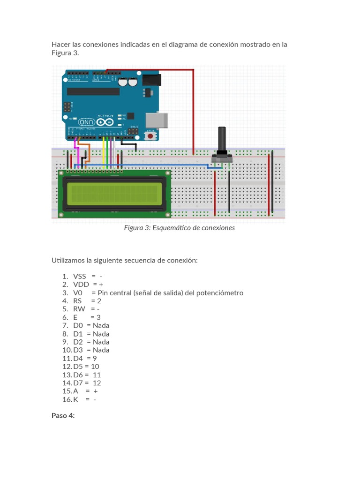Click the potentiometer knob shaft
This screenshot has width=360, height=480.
pyautogui.click(x=222, y=139)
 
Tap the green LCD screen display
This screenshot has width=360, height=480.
pyautogui.click(x=114, y=194)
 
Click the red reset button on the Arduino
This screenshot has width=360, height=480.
pyautogui.click(x=150, y=136)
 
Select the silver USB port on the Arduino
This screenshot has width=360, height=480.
pyautogui.click(x=157, y=120)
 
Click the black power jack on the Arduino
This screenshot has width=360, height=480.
pyautogui.click(x=151, y=80)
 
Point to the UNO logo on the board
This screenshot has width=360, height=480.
pyautogui.click(x=87, y=122)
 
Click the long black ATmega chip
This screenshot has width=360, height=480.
pyautogui.click(x=93, y=91)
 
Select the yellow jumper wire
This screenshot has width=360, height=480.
pyautogui.click(x=104, y=152)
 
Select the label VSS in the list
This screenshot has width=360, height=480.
pyautogui.click(x=79, y=277)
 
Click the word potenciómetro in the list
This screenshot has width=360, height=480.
pyautogui.click(x=220, y=293)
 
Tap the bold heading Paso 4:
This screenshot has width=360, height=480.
pyautogui.click(x=63, y=415)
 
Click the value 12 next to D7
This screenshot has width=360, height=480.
pyautogui.click(x=97, y=383)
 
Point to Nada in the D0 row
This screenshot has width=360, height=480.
pyautogui.click(x=101, y=325)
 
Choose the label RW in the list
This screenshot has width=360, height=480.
pyautogui.click(x=79, y=309)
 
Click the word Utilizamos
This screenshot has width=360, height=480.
pyautogui.click(x=68, y=261)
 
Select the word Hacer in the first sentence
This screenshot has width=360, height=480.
pyautogui.click(x=60, y=45)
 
